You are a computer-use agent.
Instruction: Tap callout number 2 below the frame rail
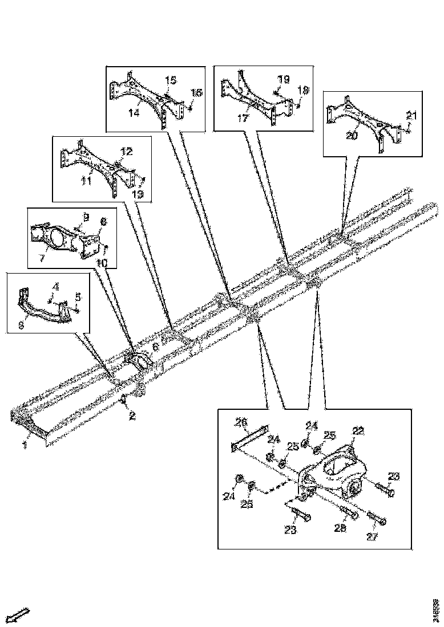tap(132, 416)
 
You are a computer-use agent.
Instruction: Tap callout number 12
tap(126, 152)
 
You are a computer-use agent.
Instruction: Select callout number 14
tap(134, 113)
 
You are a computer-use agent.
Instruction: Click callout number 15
tap(171, 80)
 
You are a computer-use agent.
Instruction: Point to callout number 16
tap(196, 92)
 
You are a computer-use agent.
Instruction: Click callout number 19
tap(284, 79)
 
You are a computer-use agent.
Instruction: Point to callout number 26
tap(241, 423)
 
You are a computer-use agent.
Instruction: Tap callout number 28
tap(341, 529)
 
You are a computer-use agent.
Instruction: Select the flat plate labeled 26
tap(249, 437)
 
